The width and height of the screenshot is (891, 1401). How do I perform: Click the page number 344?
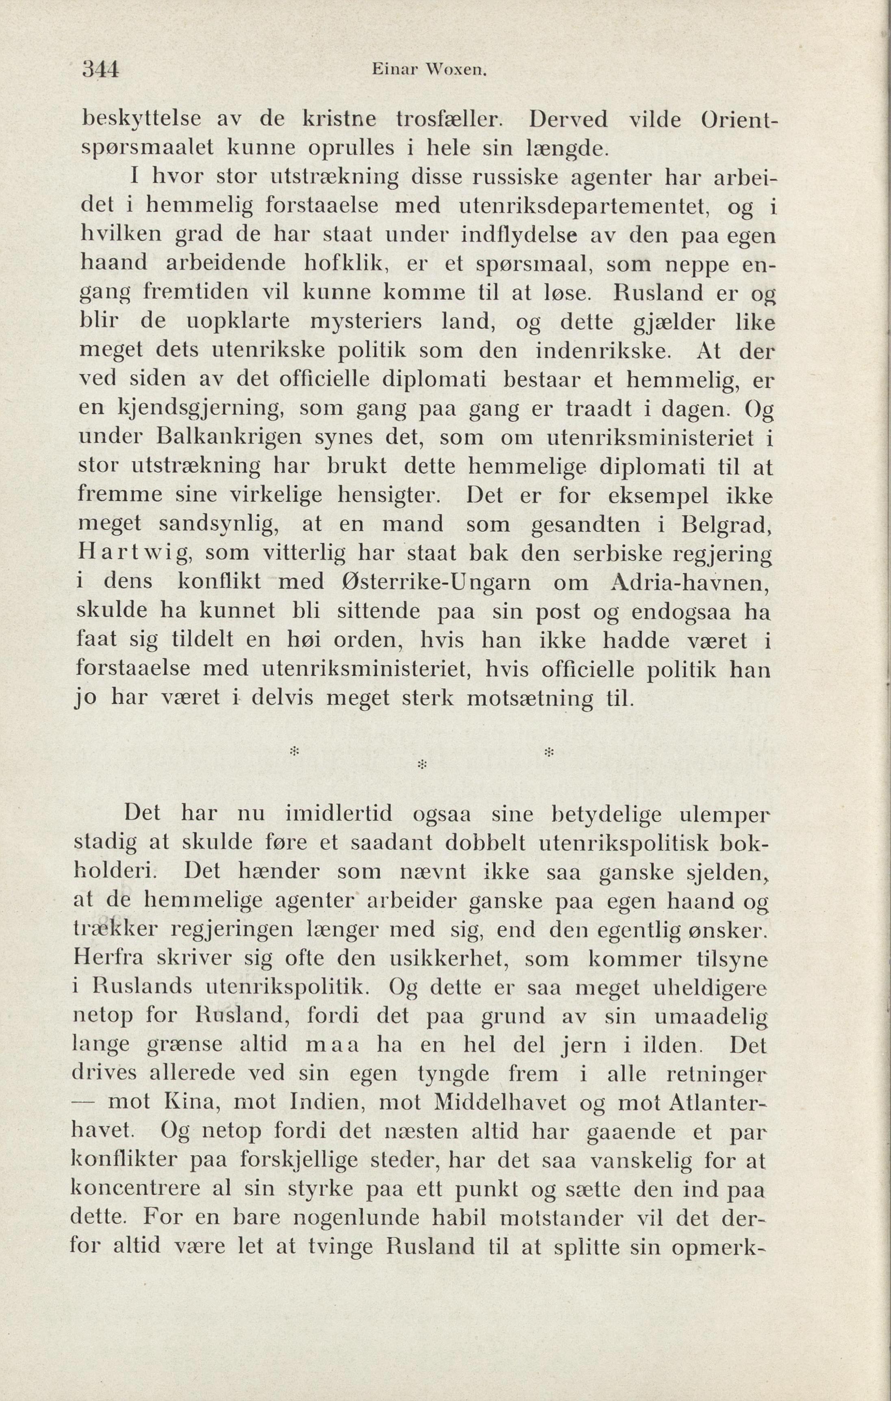(101, 69)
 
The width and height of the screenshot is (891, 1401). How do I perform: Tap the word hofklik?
(348, 264)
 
